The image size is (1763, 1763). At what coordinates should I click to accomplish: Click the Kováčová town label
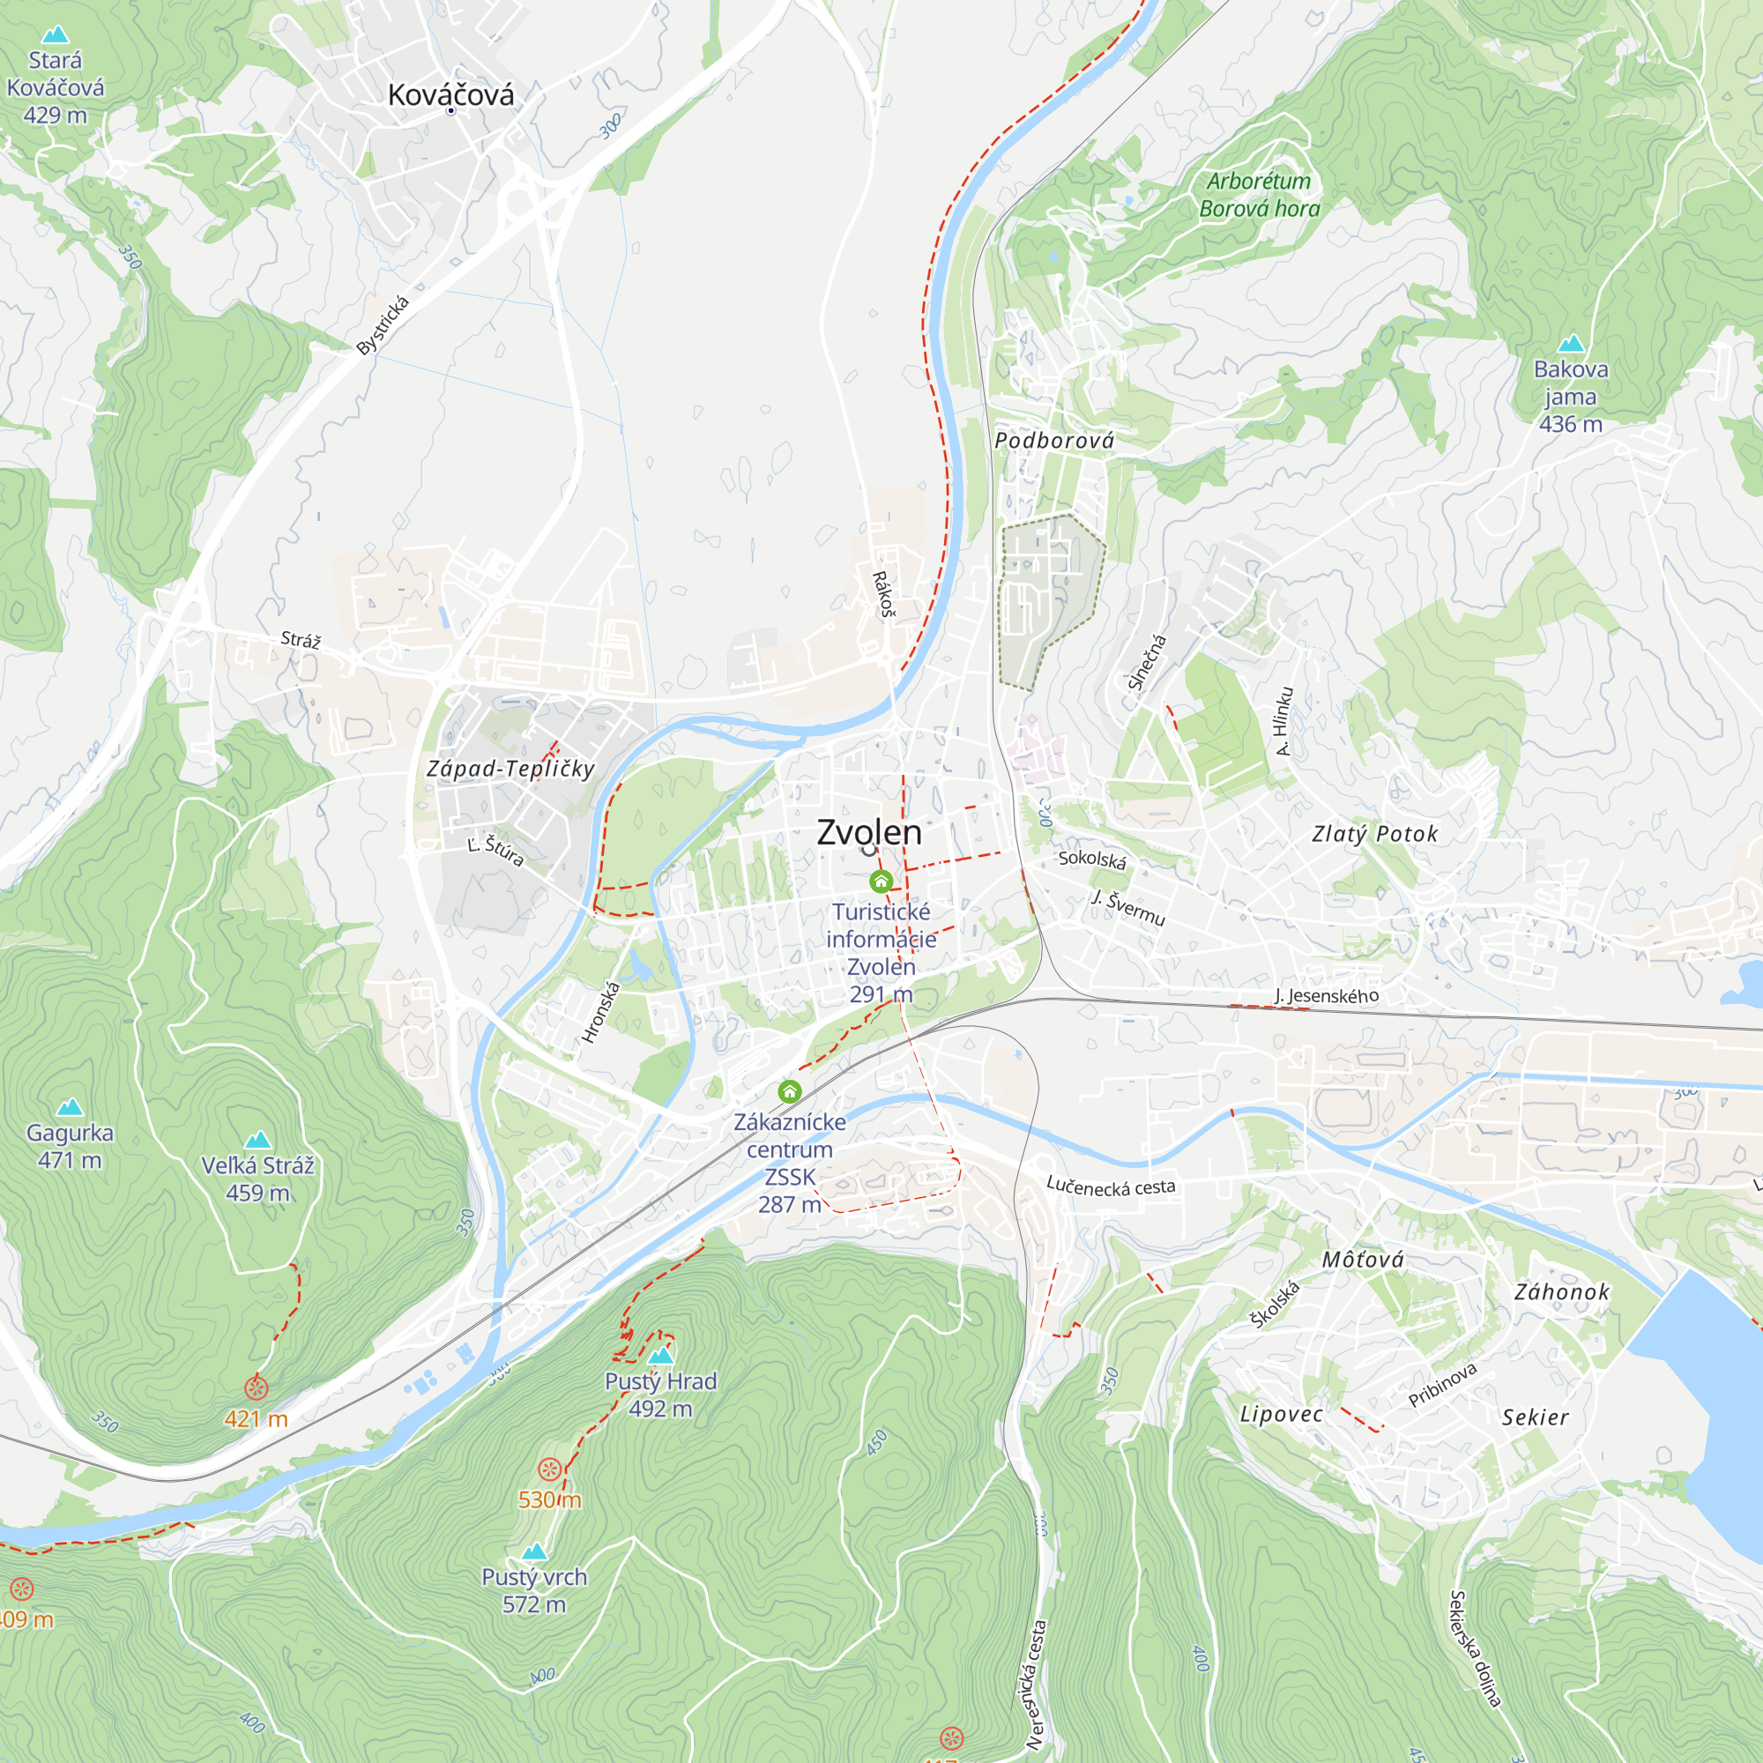click(x=450, y=95)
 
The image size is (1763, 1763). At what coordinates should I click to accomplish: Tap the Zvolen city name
click(x=869, y=832)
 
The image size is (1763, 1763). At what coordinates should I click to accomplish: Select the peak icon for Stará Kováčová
click(x=56, y=34)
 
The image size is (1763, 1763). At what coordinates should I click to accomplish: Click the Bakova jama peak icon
click(x=1571, y=344)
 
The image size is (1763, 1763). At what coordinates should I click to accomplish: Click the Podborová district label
click(x=1054, y=441)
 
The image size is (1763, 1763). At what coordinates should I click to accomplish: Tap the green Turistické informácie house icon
click(x=881, y=881)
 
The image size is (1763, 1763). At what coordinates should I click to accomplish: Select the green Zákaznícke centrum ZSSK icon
click(x=789, y=1091)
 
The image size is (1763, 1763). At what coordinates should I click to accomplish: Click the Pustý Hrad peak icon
click(x=660, y=1355)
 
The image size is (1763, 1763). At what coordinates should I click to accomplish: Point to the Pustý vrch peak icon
click(x=534, y=1551)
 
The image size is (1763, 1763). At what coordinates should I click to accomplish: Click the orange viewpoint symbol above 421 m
click(x=257, y=1389)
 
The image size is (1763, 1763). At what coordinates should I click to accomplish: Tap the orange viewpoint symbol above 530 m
click(x=548, y=1469)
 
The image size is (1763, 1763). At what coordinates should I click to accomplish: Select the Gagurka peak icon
click(x=70, y=1108)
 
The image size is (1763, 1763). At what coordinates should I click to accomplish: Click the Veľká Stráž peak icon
click(x=258, y=1140)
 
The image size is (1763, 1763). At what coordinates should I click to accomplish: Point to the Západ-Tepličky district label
click(x=511, y=770)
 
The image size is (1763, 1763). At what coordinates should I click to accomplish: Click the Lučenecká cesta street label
click(x=1111, y=1186)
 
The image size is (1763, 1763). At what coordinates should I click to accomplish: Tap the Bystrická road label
click(x=383, y=326)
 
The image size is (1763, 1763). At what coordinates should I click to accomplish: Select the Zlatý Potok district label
click(x=1374, y=834)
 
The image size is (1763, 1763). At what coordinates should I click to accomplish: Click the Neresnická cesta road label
click(x=1036, y=1685)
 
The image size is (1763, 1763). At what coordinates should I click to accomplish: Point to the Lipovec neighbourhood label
click(x=1281, y=1415)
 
